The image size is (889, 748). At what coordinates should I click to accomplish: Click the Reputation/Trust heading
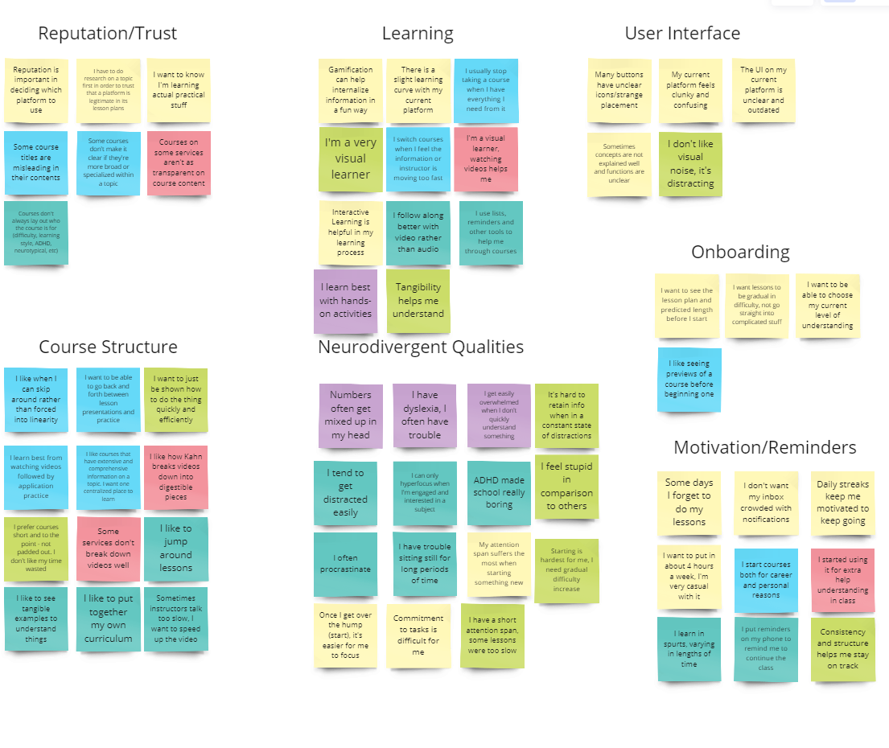point(107,34)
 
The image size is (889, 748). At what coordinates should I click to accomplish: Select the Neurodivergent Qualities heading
point(421,347)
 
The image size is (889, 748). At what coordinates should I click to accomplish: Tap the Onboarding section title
point(740,252)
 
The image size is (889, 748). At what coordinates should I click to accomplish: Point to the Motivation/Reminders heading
point(764,447)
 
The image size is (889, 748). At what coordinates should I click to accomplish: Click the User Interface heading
point(682,34)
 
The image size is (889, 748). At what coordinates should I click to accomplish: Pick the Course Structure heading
point(108,347)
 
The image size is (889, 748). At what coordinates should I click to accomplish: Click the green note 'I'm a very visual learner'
point(350,158)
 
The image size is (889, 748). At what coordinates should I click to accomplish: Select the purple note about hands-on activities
point(345,301)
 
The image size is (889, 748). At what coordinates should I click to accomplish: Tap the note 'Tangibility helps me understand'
point(418,301)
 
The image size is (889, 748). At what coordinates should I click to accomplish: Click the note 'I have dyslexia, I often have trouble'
point(424,415)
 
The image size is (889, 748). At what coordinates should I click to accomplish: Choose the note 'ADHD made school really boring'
point(499,492)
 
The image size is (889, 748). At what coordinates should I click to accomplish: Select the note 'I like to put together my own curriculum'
point(108,619)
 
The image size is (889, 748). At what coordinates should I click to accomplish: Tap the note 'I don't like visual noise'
point(690,164)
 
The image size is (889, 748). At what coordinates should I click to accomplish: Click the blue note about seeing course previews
point(689,379)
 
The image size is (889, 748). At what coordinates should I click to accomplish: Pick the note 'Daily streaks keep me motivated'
point(842,503)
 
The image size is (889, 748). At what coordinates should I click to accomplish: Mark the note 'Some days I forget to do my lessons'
point(689,503)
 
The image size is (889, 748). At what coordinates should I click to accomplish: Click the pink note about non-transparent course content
point(178,163)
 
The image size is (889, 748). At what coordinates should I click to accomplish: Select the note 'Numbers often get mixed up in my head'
point(350,415)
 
